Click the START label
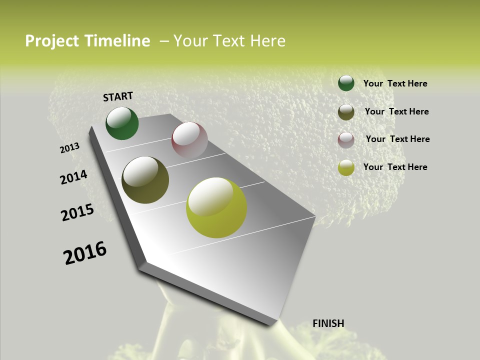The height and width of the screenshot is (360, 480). pyautogui.click(x=118, y=96)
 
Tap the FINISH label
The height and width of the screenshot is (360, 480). pyautogui.click(x=328, y=323)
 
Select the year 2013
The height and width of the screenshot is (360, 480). pyautogui.click(x=70, y=148)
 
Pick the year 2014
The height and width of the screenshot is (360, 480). pyautogui.click(x=74, y=177)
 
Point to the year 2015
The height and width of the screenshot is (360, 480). pyautogui.click(x=77, y=212)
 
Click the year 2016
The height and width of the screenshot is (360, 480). pyautogui.click(x=85, y=253)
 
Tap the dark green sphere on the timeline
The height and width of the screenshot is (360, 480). pyautogui.click(x=122, y=123)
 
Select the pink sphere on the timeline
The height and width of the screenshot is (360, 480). pyautogui.click(x=189, y=140)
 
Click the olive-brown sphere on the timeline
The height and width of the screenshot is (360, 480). pyautogui.click(x=145, y=180)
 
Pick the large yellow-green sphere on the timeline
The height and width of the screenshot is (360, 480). pyautogui.click(x=216, y=207)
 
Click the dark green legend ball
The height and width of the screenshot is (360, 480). pyautogui.click(x=346, y=83)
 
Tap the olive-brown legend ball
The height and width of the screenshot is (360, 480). pyautogui.click(x=346, y=112)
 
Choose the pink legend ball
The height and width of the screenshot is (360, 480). pyautogui.click(x=346, y=140)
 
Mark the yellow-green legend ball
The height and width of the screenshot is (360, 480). pyautogui.click(x=346, y=167)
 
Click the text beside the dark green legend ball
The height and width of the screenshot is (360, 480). pyautogui.click(x=395, y=83)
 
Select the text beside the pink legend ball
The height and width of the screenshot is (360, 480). pyautogui.click(x=397, y=139)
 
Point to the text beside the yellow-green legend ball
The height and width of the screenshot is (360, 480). pyautogui.click(x=395, y=167)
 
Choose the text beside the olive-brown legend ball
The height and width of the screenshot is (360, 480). pyautogui.click(x=396, y=111)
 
